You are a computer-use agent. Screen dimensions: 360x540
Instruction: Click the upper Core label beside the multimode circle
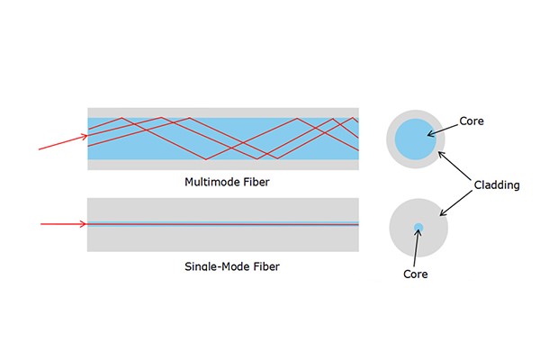point(472,120)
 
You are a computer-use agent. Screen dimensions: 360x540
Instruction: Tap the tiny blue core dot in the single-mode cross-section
point(418,226)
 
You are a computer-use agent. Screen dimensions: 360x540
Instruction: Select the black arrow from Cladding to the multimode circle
point(456,166)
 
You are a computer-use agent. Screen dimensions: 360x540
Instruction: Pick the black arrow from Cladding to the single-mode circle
point(457,202)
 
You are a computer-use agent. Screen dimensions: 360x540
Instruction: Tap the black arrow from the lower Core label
point(416,247)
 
